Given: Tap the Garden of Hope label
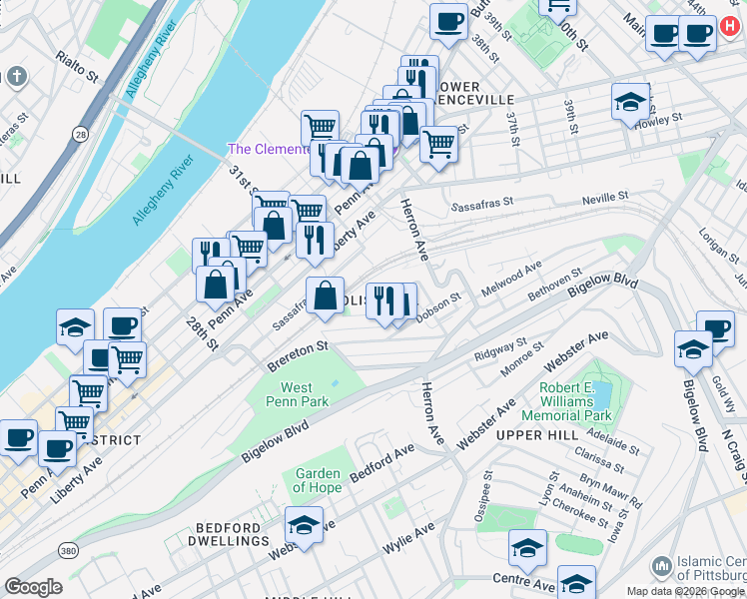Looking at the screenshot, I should (x=318, y=482).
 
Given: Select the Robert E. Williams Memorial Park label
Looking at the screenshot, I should (x=575, y=401).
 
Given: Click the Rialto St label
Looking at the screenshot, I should (x=77, y=67).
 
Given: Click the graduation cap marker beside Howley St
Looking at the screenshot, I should (x=630, y=102).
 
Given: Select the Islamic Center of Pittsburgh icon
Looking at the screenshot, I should (x=660, y=566).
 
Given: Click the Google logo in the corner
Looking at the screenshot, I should (x=33, y=587).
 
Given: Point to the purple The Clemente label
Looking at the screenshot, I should (x=267, y=149).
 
